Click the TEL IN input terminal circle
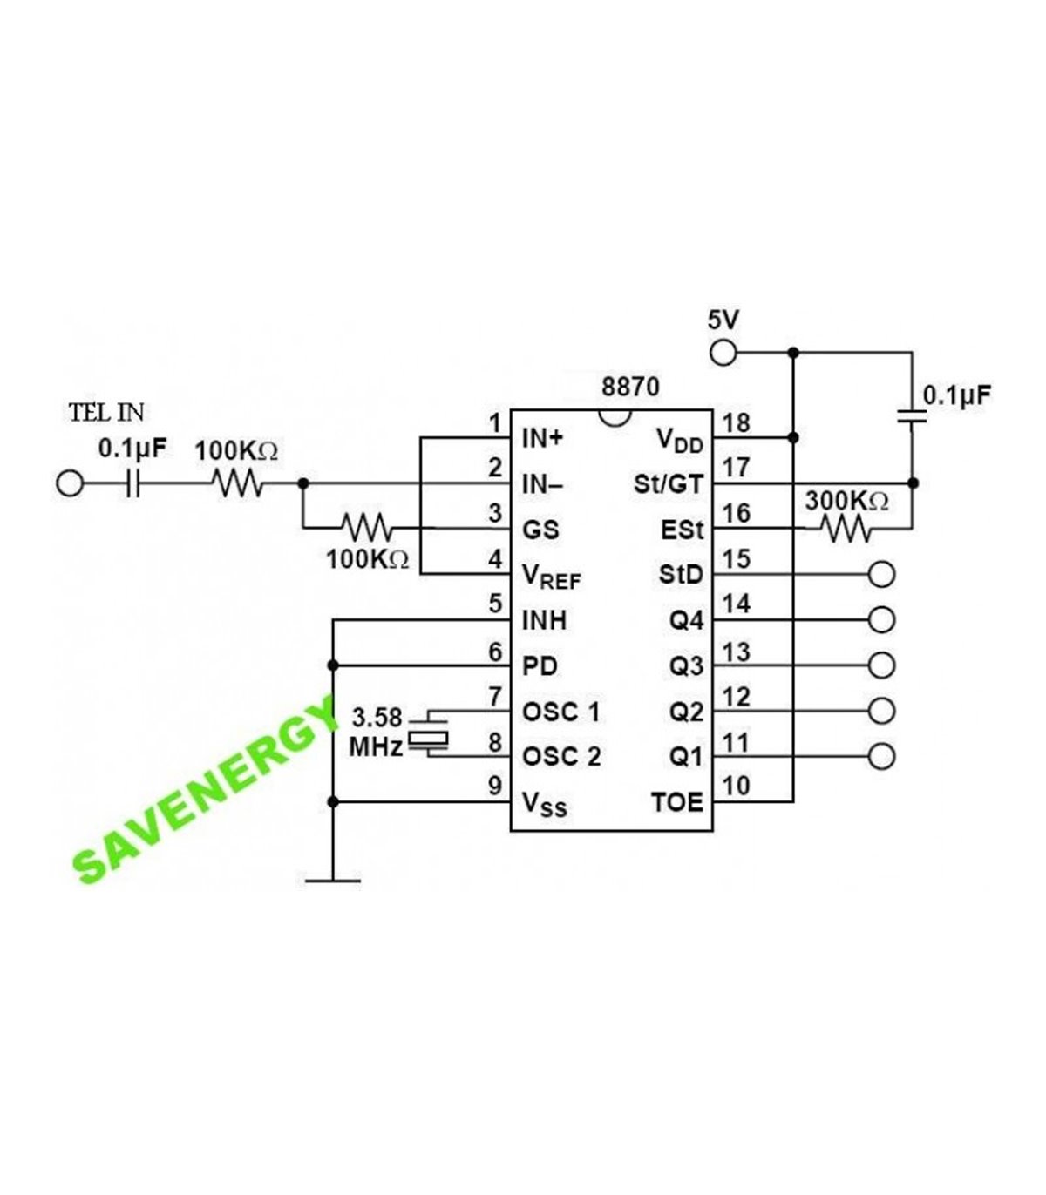coord(69,483)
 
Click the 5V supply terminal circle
coord(723,353)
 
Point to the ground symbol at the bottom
coord(332,880)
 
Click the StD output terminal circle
coord(882,575)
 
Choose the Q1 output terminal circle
coord(882,755)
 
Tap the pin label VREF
coord(551,577)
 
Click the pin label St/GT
coord(668,484)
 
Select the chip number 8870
coord(630,387)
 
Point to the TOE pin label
coord(676,801)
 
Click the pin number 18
coord(737,423)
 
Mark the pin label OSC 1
coord(560,712)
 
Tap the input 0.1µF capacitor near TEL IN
coord(132,483)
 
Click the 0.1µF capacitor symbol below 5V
coord(913,417)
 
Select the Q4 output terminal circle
coord(882,620)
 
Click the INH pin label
coord(544,620)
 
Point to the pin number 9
coord(495,787)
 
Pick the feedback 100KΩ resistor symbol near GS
coord(367,528)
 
